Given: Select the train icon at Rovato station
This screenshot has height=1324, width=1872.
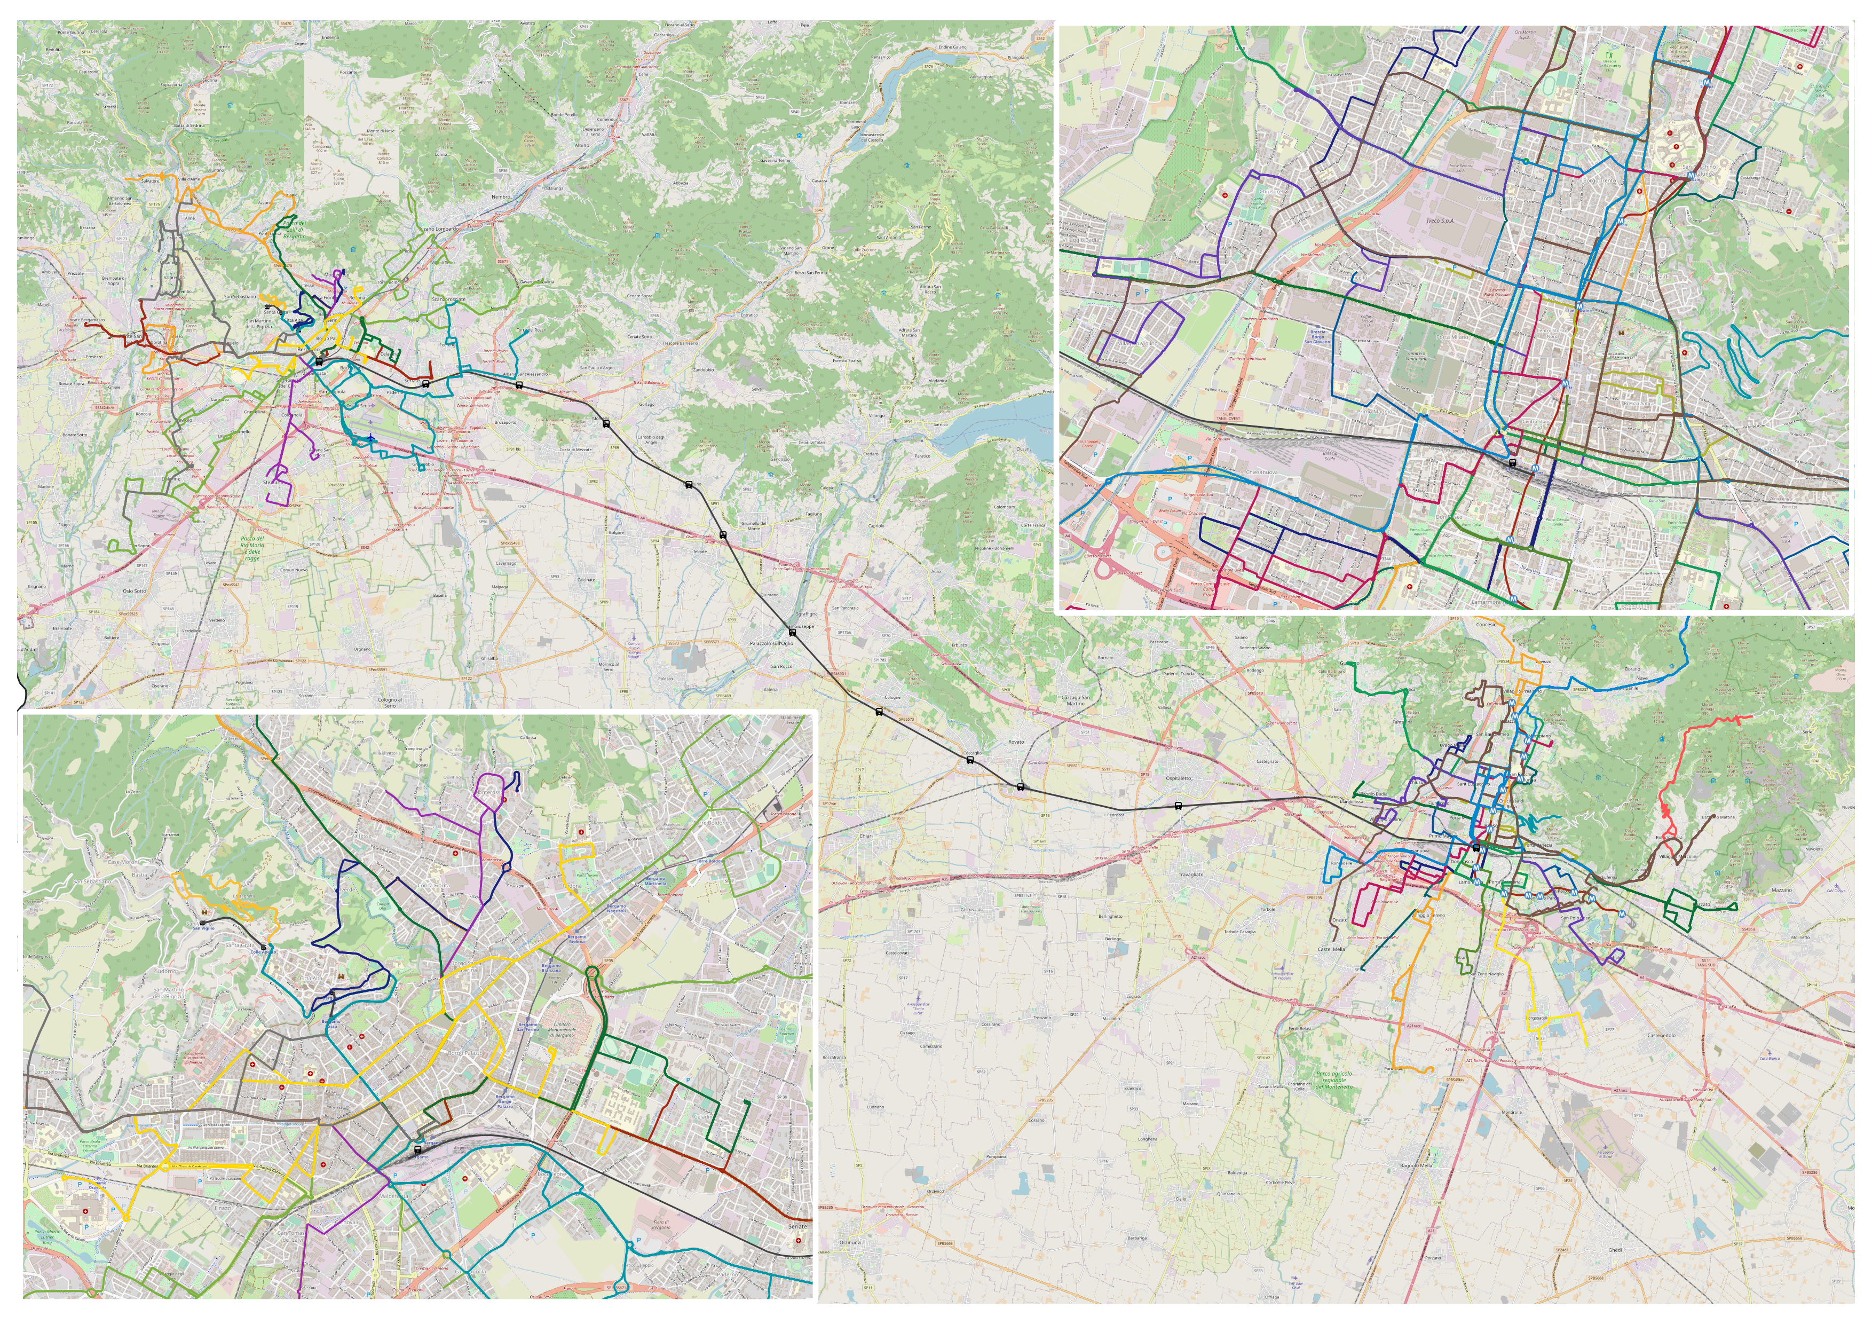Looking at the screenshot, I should pyautogui.click(x=1020, y=787).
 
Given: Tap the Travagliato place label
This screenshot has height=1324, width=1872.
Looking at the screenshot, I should pyautogui.click(x=1190, y=874).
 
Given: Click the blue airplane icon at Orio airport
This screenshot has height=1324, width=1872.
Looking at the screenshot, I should pyautogui.click(x=371, y=438).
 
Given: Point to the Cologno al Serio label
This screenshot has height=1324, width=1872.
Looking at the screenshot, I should pyautogui.click(x=390, y=701).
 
